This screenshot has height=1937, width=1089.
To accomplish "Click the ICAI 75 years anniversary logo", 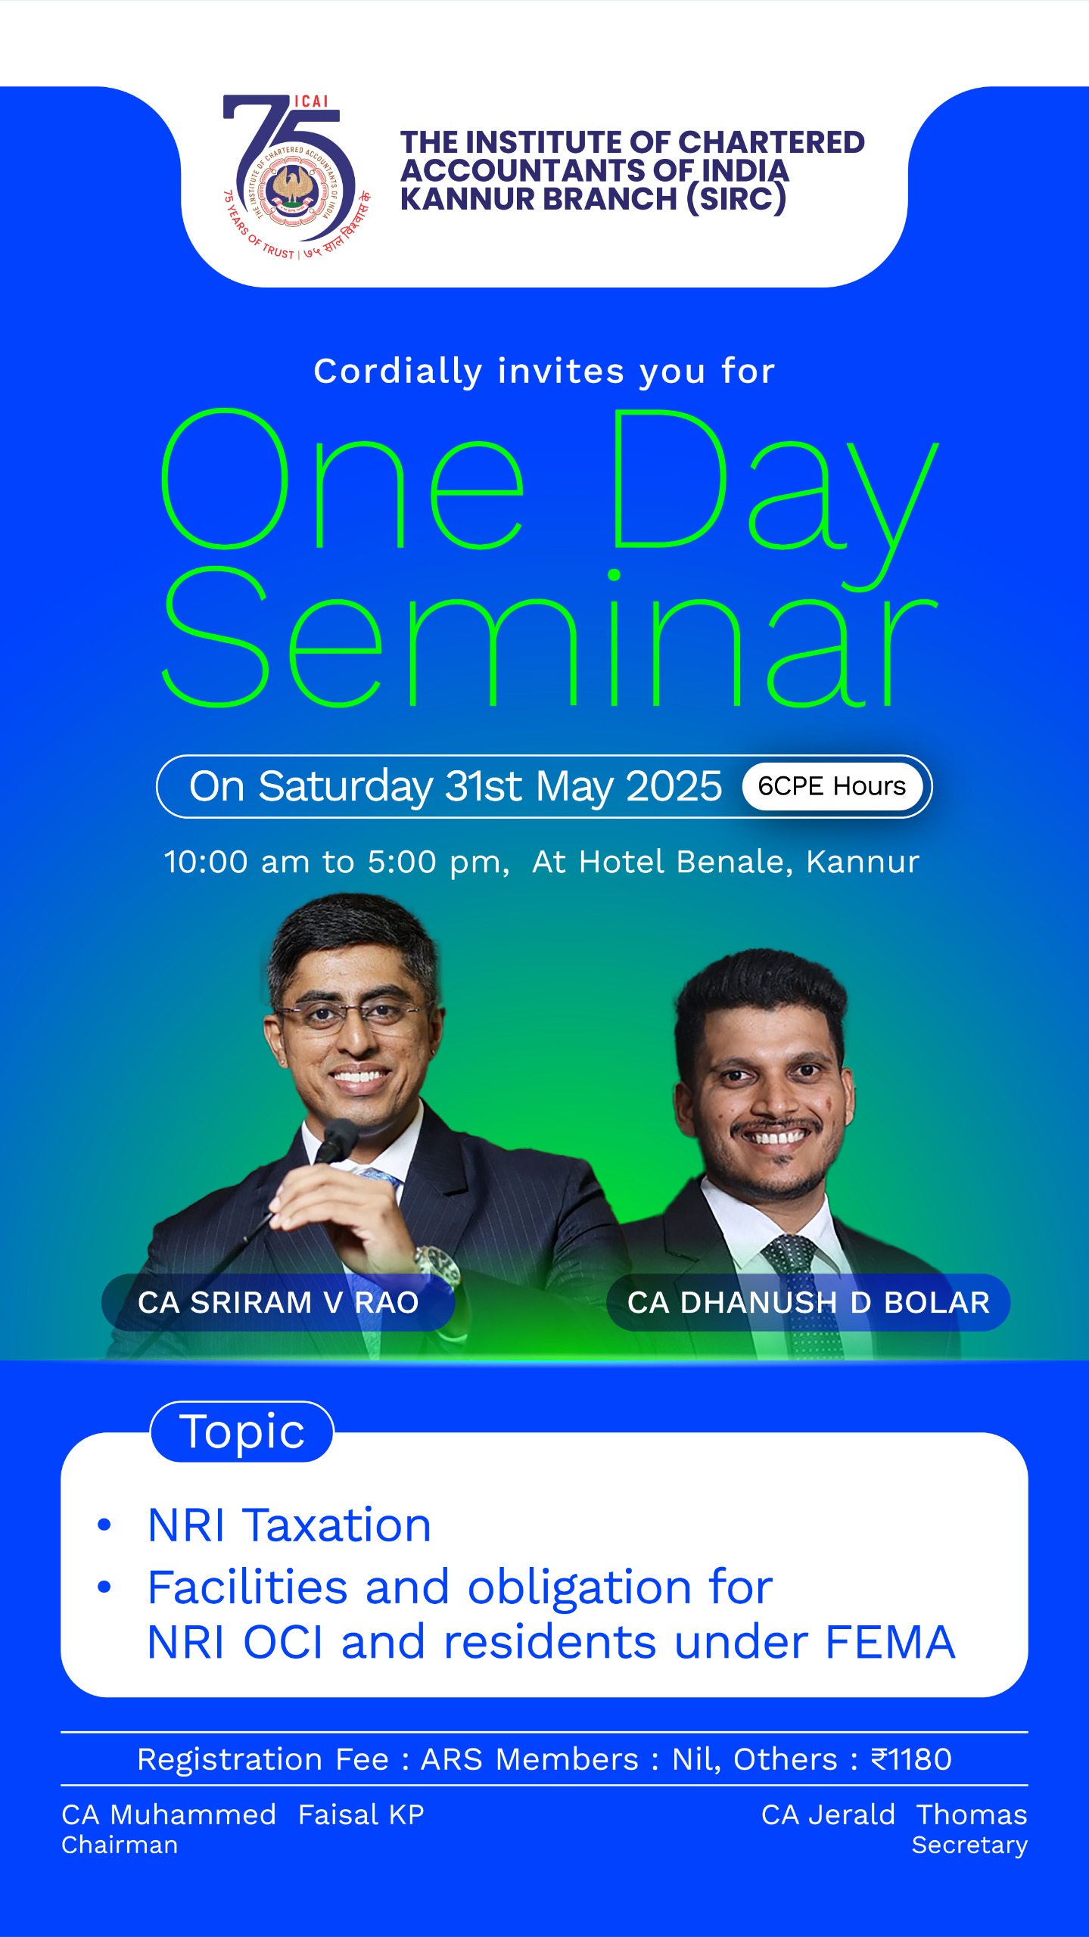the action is pos(297,178).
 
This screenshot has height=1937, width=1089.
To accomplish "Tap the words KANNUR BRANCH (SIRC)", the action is pos(593,199).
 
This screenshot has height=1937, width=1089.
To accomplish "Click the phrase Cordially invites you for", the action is pos(545,372).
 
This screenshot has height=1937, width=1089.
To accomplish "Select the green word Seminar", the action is pos(550,639).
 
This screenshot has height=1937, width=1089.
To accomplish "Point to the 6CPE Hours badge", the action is pos(832,786).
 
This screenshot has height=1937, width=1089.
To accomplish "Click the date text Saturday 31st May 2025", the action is pos(490,786).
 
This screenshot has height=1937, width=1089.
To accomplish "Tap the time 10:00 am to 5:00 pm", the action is pos(337,862).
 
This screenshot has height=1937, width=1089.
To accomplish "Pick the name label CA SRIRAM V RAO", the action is pos(278,1302).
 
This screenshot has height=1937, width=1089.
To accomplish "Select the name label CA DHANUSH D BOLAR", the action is pos(808,1302).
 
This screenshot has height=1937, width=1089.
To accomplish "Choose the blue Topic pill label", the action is pos(242,1432).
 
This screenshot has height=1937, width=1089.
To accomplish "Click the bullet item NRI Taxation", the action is pos(289,1525).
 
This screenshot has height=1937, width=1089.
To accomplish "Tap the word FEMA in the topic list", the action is pos(891,1643).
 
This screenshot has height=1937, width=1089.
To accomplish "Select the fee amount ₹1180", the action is pos(911,1759).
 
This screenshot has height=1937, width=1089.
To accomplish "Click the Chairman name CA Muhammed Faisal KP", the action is pos(243,1814).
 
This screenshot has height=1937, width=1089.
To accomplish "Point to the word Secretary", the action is pos(969,1845).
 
